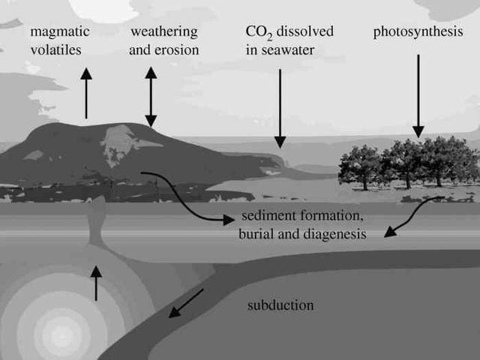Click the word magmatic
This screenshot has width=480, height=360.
(60, 32)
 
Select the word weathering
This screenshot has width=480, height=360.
(164, 32)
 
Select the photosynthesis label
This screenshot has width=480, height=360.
(418, 32)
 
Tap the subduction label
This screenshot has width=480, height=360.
(280, 305)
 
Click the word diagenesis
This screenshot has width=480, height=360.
(333, 234)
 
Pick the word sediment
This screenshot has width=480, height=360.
(266, 217)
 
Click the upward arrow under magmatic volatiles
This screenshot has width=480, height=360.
(86, 94)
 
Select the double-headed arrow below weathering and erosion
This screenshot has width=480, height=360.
(151, 97)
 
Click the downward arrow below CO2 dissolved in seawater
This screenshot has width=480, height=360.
(280, 108)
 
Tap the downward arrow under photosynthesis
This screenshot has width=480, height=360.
(418, 95)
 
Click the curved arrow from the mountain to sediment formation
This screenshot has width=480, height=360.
(187, 195)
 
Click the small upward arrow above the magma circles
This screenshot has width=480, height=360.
(96, 283)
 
